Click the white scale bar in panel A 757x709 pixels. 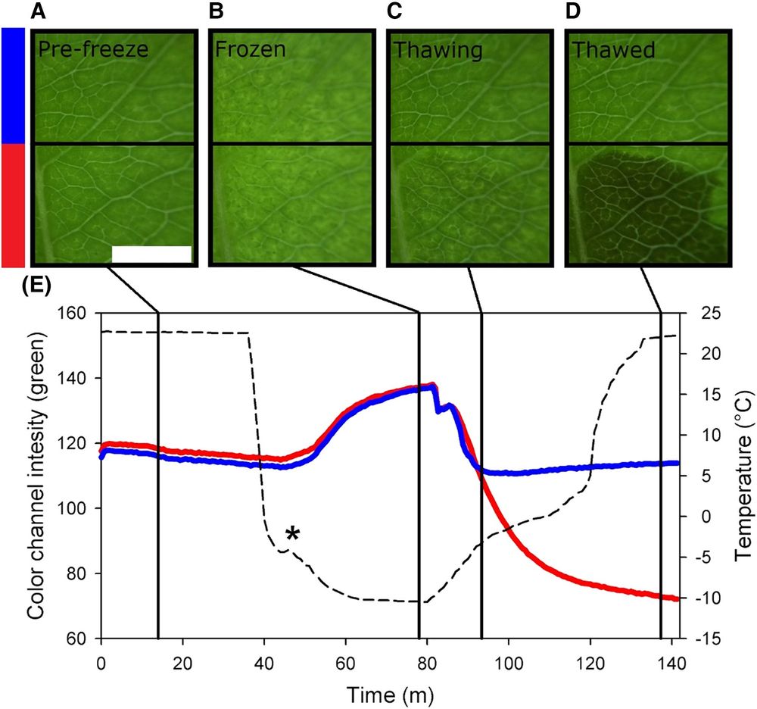click(151, 254)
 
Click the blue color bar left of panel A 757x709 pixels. click(14, 86)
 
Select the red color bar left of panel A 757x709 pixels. click(14, 205)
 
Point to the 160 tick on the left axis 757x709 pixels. click(77, 313)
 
